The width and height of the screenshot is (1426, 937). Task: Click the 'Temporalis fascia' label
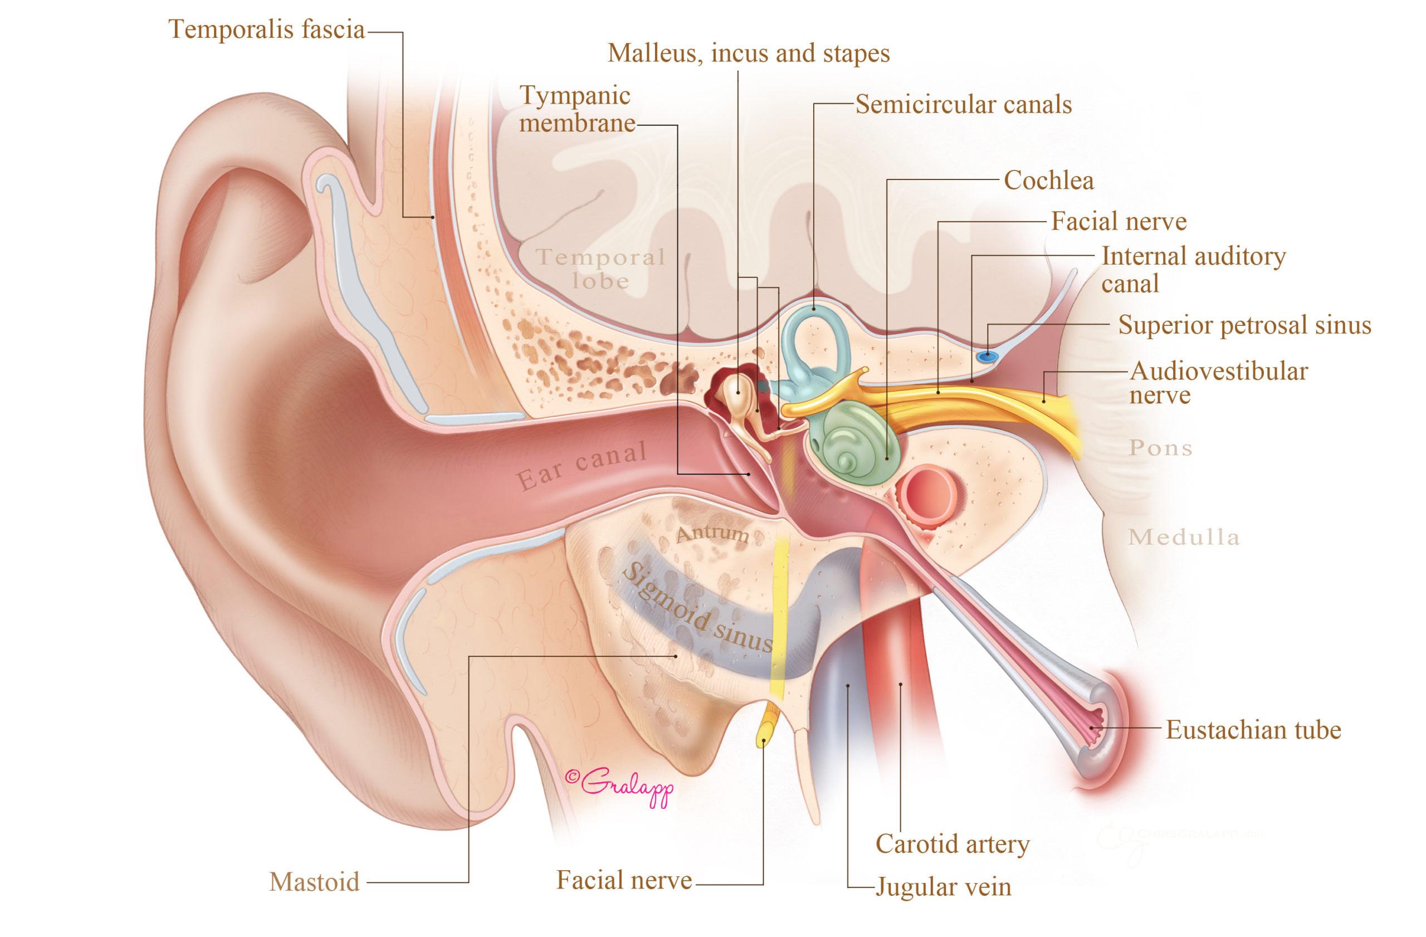(267, 29)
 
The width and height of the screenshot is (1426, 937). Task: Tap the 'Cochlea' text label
(1048, 180)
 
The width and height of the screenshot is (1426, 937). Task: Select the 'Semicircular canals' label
(964, 105)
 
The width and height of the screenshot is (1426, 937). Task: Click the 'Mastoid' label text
(315, 882)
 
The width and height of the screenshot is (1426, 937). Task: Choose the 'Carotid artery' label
(953, 844)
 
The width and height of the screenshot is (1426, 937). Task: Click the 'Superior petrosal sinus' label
(1245, 325)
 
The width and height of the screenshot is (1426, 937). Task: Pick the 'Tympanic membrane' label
(577, 109)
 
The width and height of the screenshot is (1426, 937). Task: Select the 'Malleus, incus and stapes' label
(749, 53)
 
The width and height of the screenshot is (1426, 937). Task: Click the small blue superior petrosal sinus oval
(985, 357)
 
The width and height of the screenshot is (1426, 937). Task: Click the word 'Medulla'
(1183, 538)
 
